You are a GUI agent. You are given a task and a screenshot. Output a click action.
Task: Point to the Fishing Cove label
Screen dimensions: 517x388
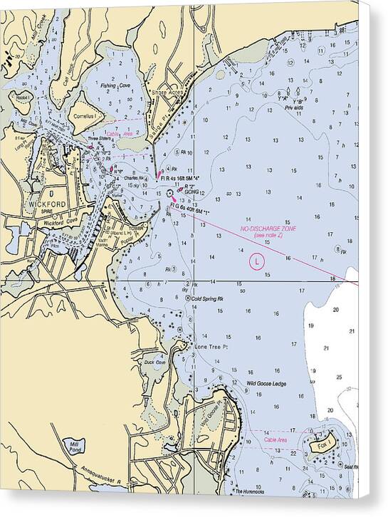pyautogui.click(x=115, y=85)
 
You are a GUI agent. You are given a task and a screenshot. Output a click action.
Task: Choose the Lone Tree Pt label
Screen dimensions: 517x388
pyautogui.click(x=211, y=347)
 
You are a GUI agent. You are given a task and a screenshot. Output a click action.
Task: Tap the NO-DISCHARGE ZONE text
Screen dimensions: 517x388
pyautogui.click(x=268, y=228)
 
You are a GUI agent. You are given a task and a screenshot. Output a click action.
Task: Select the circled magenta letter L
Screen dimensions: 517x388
pyautogui.click(x=256, y=262)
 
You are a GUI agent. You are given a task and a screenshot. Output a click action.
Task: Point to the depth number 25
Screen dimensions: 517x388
pyautogui.click(x=339, y=377)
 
